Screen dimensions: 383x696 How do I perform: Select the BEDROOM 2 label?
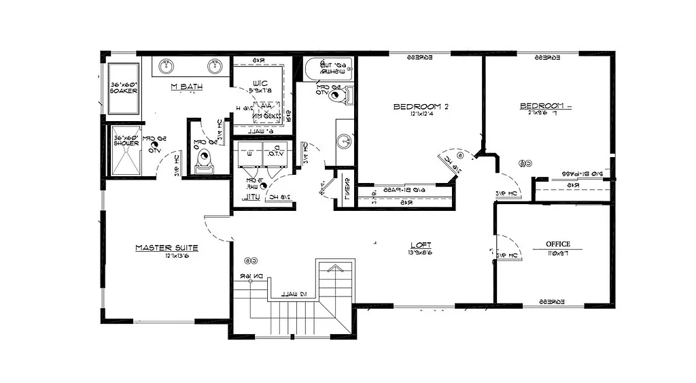[x=421, y=107]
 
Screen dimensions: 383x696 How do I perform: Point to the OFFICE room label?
[x=557, y=244]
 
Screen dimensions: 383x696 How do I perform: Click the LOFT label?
[x=420, y=245]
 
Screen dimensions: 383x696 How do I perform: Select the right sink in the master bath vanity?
[x=215, y=67]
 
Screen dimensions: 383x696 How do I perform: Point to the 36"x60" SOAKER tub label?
[x=124, y=88]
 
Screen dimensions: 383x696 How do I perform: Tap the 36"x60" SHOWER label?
[x=126, y=140]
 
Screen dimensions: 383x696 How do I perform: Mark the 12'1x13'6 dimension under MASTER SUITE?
[x=176, y=257]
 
